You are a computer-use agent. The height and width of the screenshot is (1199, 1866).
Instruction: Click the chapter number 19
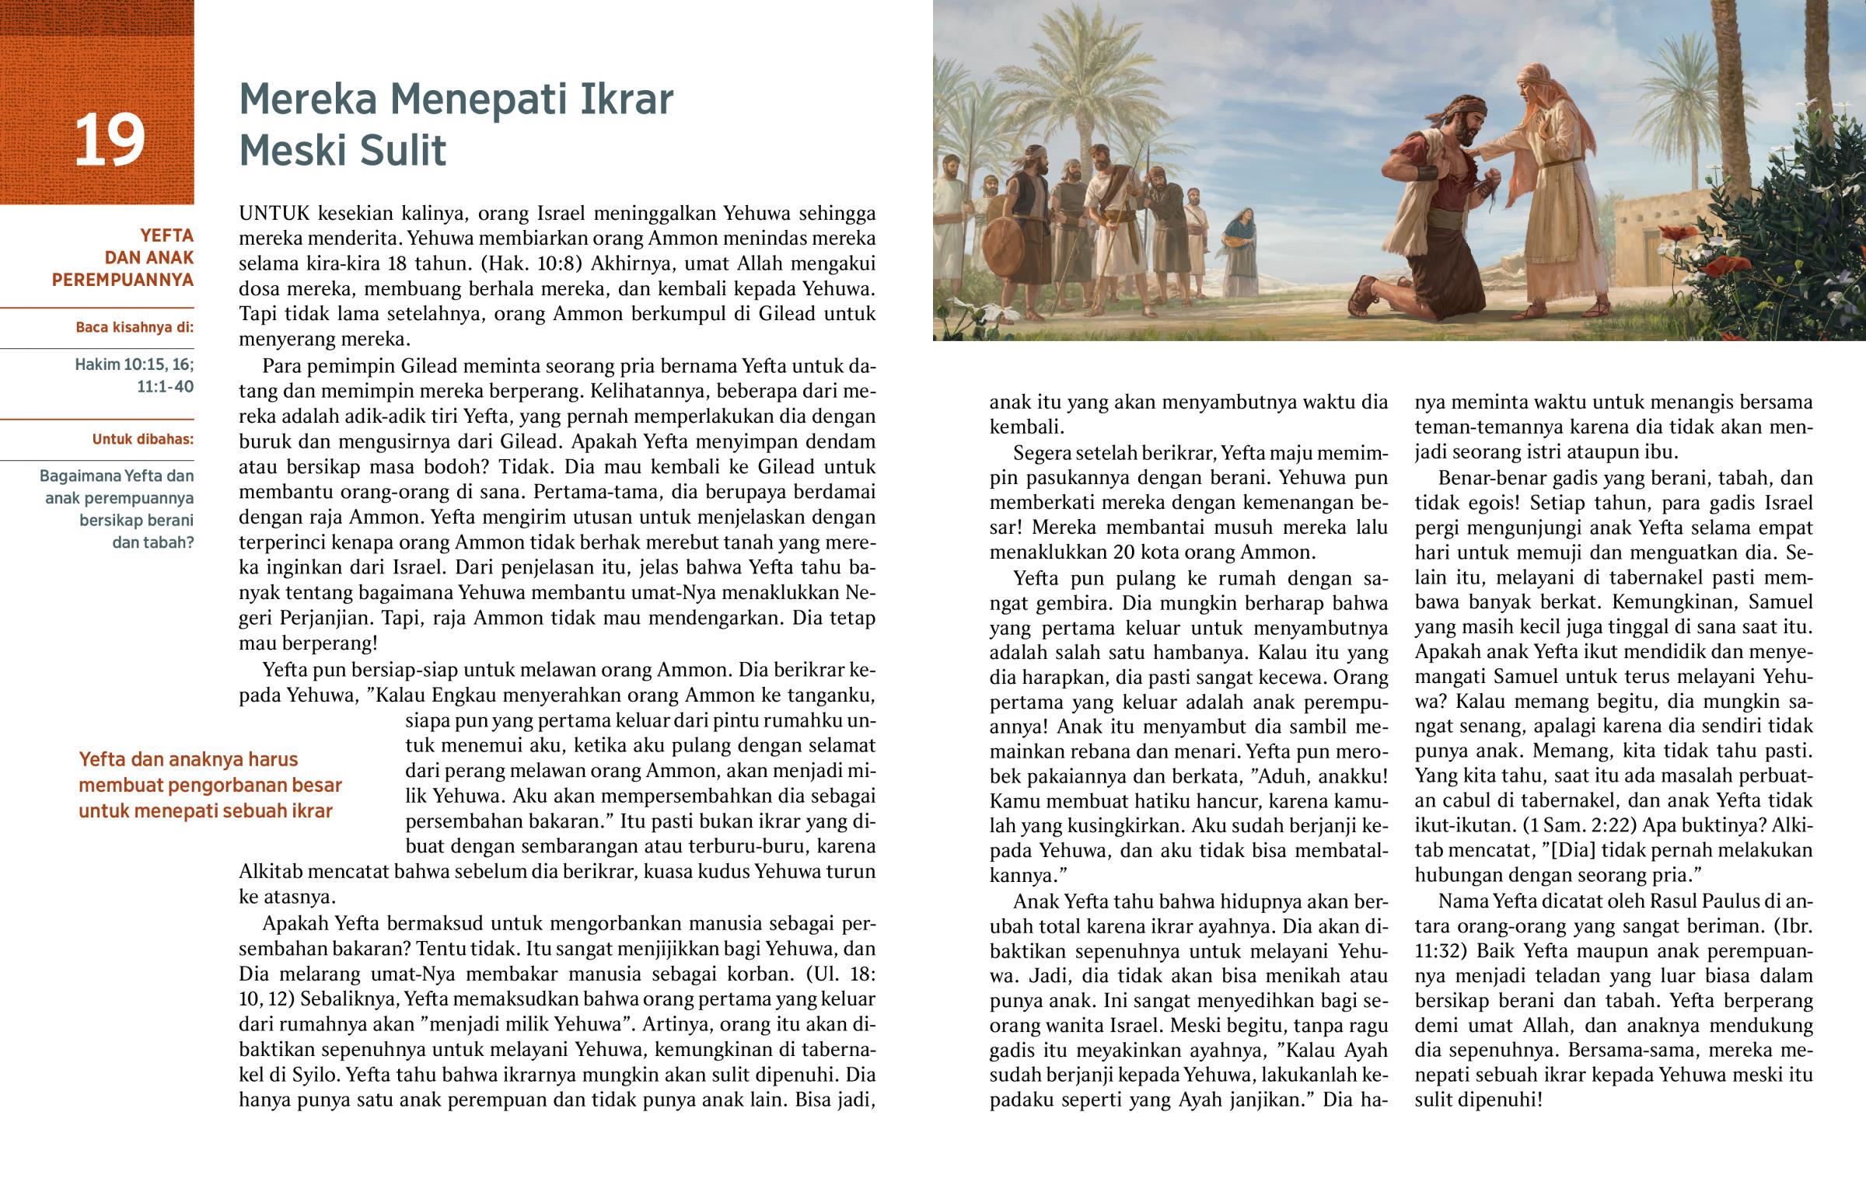click(109, 140)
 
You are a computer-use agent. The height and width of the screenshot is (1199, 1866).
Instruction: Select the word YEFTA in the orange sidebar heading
click(166, 235)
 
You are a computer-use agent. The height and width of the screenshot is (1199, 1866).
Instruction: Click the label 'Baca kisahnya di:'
click(134, 327)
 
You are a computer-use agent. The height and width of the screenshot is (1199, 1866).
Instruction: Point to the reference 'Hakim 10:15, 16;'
click(134, 364)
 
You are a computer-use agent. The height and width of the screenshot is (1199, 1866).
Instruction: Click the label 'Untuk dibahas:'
click(142, 439)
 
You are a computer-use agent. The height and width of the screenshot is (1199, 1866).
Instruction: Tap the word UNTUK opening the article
click(274, 214)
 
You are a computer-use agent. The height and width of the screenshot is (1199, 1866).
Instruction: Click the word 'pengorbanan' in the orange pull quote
click(239, 785)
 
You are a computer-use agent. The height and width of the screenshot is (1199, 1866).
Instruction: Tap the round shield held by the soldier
click(1005, 246)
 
